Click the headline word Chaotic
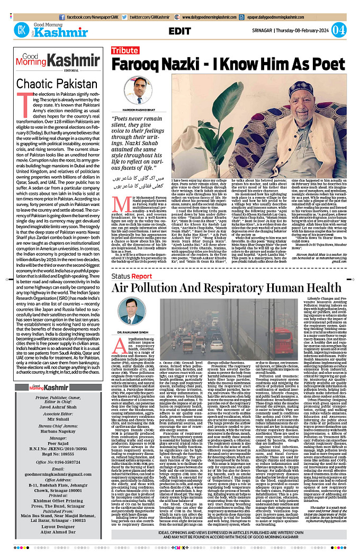tap(39, 84)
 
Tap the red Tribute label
tap(124, 51)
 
